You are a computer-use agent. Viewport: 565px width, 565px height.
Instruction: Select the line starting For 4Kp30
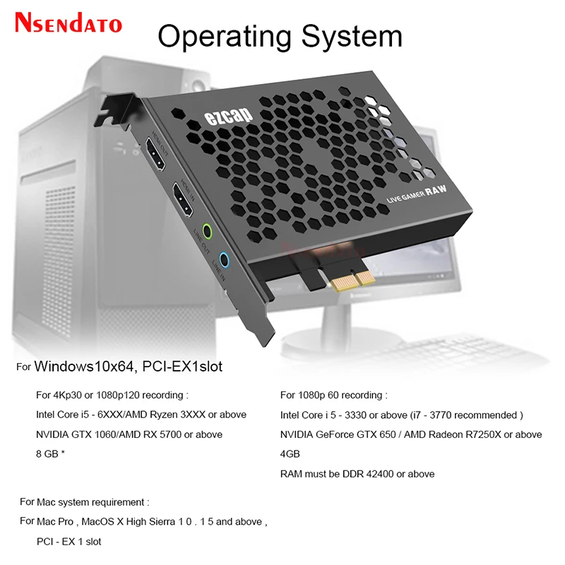(x=112, y=395)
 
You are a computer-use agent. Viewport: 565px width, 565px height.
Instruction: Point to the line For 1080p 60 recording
(x=333, y=395)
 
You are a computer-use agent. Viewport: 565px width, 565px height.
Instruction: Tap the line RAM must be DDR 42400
(x=357, y=474)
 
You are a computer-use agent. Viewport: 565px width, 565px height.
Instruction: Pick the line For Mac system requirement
(x=84, y=502)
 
